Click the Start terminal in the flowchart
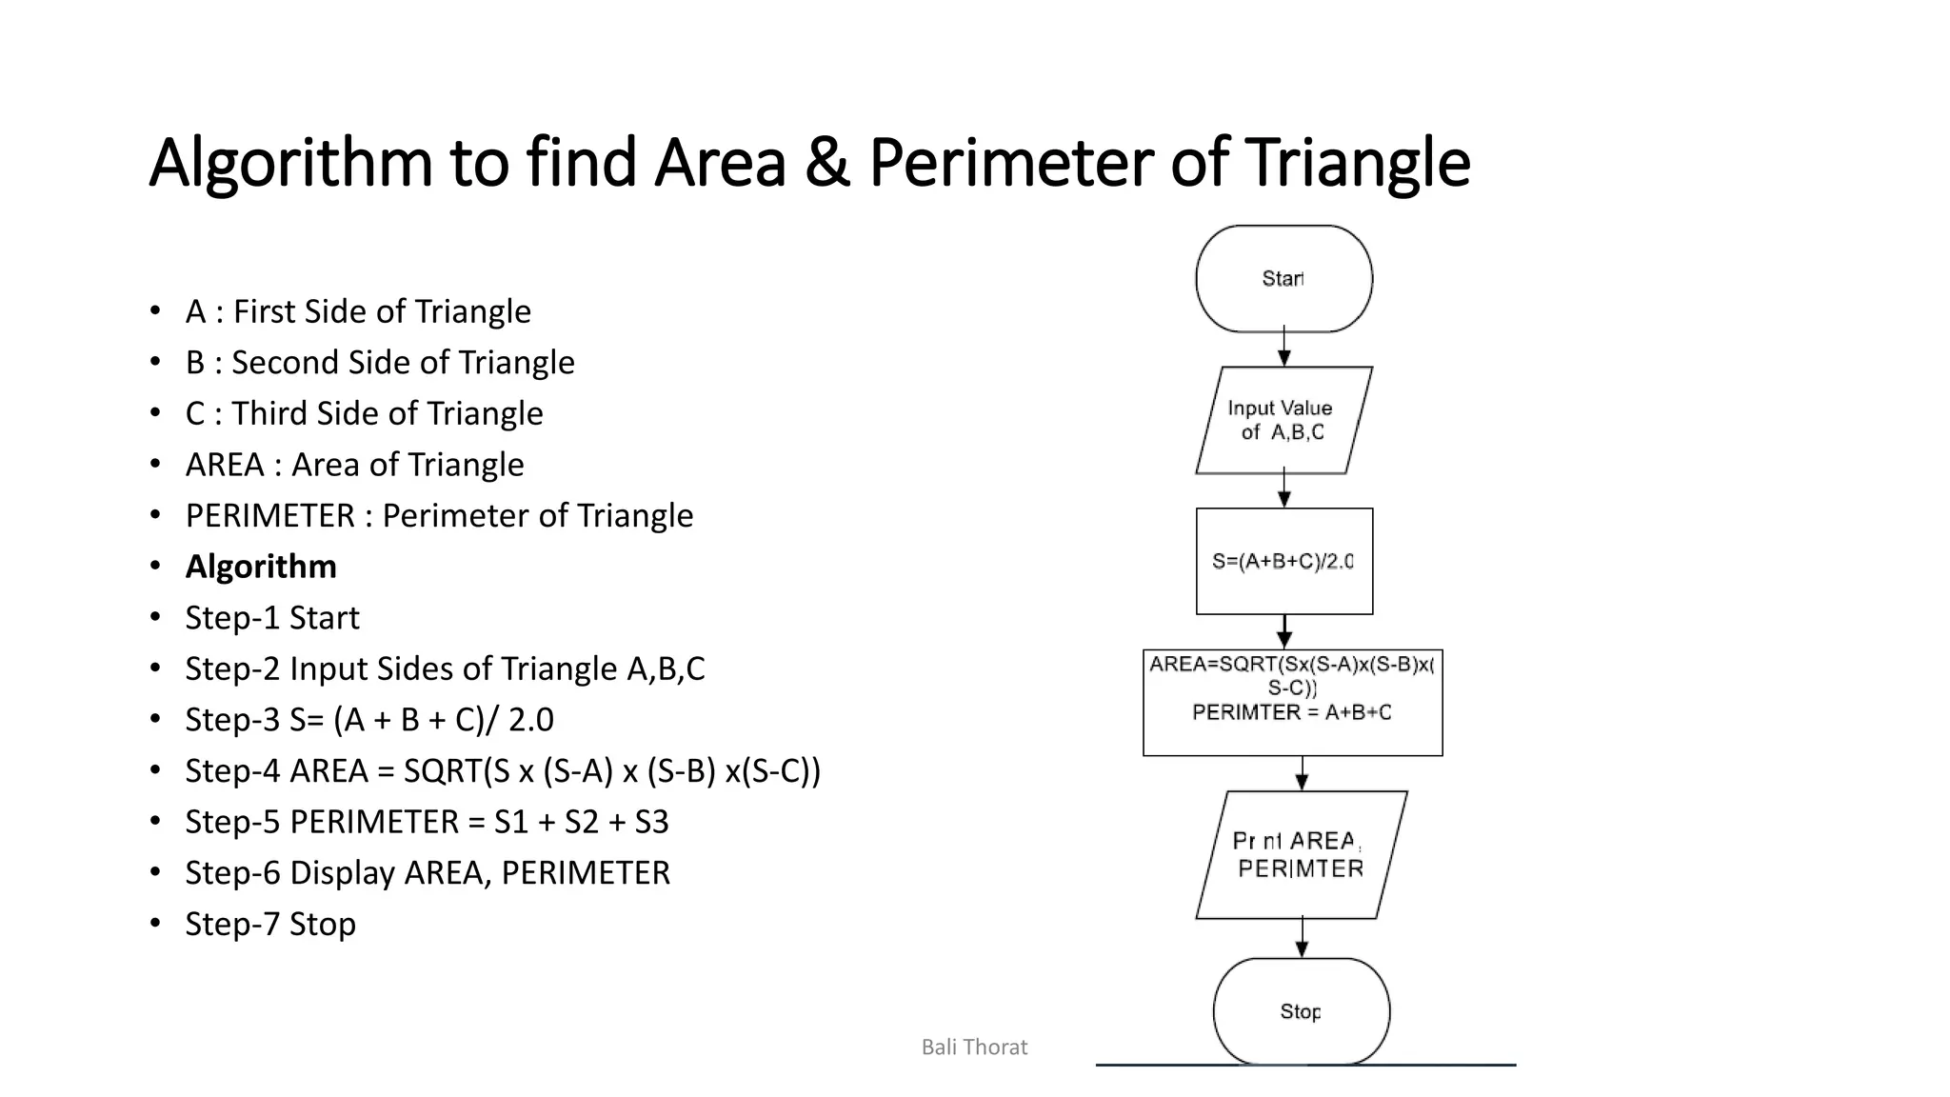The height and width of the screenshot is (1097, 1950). point(1283,279)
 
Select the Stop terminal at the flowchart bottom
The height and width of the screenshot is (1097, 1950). point(1301,1011)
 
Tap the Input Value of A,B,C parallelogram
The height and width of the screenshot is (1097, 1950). point(1283,420)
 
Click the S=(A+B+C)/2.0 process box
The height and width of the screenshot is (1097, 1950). point(1283,561)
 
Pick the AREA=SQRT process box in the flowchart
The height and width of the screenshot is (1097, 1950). point(1292,702)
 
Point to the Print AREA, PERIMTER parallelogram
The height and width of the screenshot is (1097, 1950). point(1301,854)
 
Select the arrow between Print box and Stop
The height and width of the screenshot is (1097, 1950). point(1302,938)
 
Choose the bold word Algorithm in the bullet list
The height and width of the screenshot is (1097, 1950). point(261,567)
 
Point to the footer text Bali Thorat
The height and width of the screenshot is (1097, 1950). point(974,1047)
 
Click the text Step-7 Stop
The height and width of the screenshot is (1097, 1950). point(270,924)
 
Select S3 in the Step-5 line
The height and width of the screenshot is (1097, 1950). point(651,822)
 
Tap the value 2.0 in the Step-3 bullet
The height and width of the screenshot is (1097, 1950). point(530,720)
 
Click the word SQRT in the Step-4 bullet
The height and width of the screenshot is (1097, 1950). point(443,770)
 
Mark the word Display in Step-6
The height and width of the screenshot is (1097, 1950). point(342,873)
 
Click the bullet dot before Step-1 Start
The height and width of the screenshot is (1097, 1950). point(155,618)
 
